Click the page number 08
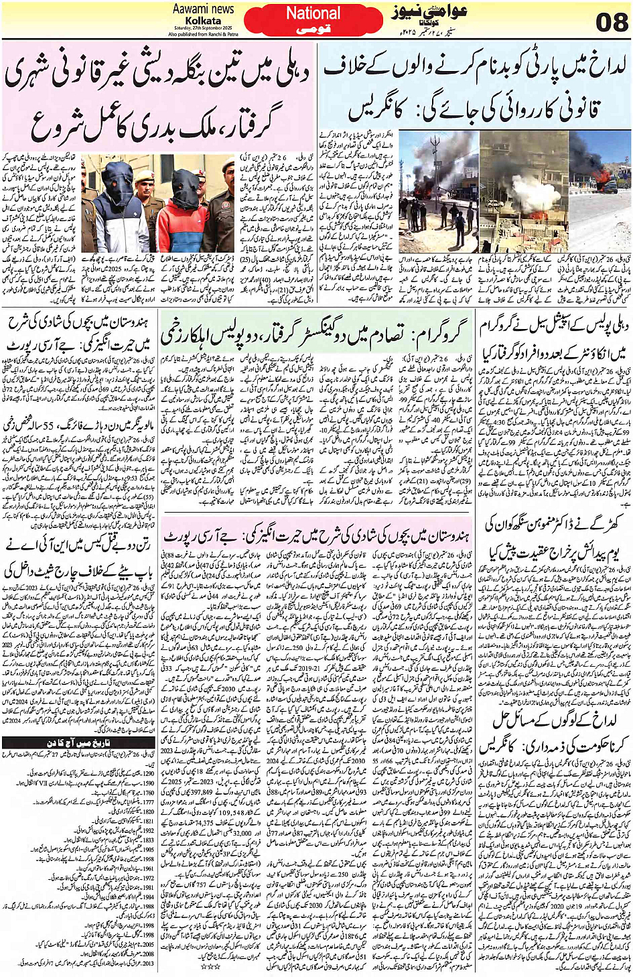pyautogui.click(x=612, y=23)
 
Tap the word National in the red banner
pyautogui.click(x=313, y=13)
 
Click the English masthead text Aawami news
pyautogui.click(x=203, y=9)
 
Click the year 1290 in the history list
pyautogui.click(x=149, y=773)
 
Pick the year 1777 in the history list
pyautogui.click(x=149, y=801)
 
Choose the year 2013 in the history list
pyautogui.click(x=149, y=964)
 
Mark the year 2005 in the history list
pyautogui.click(x=149, y=944)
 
